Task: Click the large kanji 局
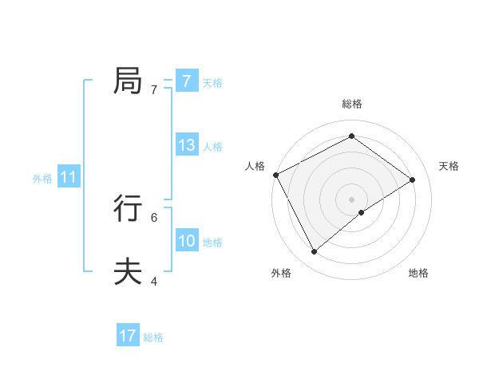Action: click(x=128, y=81)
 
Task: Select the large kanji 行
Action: click(x=128, y=209)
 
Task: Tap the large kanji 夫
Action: click(x=128, y=272)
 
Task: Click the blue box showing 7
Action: click(x=186, y=81)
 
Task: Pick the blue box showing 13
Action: click(x=187, y=145)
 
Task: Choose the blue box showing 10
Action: click(x=187, y=241)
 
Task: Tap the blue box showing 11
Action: click(x=69, y=177)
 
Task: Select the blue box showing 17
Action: click(x=128, y=336)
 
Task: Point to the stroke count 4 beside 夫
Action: click(x=154, y=282)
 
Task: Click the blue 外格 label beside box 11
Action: click(x=42, y=179)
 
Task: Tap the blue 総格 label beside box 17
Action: click(x=153, y=337)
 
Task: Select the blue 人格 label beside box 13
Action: click(x=212, y=147)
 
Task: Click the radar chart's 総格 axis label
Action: click(x=351, y=104)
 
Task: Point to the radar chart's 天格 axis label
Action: click(x=449, y=166)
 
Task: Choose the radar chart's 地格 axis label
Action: click(x=418, y=273)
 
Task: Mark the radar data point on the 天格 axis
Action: click(x=413, y=180)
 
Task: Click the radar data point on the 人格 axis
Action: click(x=275, y=175)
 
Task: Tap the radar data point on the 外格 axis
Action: click(x=315, y=252)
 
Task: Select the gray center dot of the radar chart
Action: click(x=351, y=199)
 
